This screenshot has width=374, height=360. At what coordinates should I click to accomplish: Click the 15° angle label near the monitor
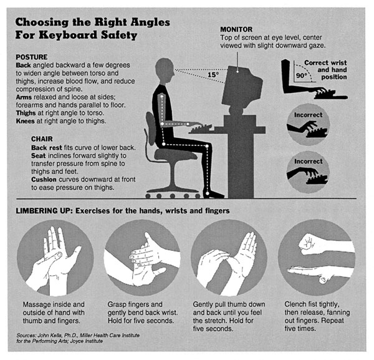[x=213, y=75]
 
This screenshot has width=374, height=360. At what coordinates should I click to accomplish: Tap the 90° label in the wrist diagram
[x=302, y=75]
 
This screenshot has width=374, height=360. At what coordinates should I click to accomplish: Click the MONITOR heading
[x=236, y=29]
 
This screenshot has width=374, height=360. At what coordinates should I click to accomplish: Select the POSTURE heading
[x=32, y=57]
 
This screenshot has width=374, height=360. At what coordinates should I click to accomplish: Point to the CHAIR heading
[x=42, y=139]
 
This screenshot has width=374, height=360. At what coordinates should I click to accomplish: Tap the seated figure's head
[x=165, y=71]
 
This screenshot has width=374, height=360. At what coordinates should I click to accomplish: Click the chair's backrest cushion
[x=151, y=129]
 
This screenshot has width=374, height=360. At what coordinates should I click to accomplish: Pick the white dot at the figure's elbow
[x=162, y=124]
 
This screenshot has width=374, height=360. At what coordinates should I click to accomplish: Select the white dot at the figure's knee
[x=207, y=146]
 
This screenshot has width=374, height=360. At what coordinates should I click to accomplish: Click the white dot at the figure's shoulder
[x=161, y=96]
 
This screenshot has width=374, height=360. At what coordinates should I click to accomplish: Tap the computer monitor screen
[x=241, y=88]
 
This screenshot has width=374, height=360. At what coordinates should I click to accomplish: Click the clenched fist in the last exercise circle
[x=308, y=243]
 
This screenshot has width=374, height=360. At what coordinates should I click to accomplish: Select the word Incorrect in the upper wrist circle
[x=308, y=115]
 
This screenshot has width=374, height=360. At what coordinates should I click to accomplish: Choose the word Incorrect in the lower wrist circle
[x=308, y=162]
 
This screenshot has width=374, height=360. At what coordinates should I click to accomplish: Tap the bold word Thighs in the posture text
[x=26, y=113]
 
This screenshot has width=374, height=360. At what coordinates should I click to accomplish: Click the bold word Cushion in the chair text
[x=44, y=180]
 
